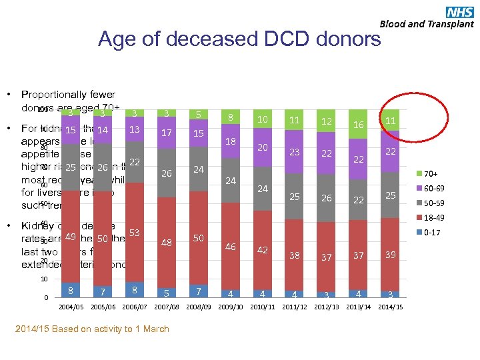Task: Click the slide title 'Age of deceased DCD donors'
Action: [x=239, y=39]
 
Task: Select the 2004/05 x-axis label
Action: [x=71, y=307]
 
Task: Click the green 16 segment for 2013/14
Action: [x=359, y=125]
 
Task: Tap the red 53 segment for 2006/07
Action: [x=135, y=233]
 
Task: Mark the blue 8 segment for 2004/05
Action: [x=71, y=290]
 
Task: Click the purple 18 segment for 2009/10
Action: [x=231, y=142]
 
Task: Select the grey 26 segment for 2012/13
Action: [x=327, y=198]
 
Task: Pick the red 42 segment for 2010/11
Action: [x=263, y=250]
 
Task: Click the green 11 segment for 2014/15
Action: [x=391, y=120]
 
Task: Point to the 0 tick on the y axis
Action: [x=46, y=297]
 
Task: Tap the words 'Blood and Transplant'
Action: [x=427, y=24]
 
